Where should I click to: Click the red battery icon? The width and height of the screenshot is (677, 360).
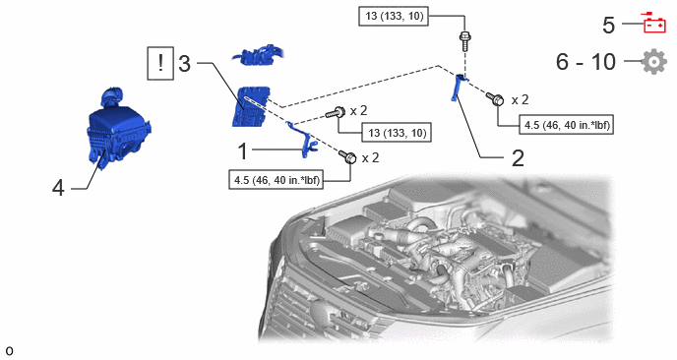tap(654, 24)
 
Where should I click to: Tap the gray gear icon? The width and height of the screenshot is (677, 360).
tap(654, 61)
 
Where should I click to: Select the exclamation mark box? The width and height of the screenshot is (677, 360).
tap(160, 64)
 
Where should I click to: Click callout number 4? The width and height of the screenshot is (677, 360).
tap(58, 188)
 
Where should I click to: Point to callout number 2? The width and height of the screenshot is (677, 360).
tap(518, 158)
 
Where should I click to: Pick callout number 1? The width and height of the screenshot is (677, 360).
tap(243, 151)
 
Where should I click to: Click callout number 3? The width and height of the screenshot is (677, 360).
tap(184, 64)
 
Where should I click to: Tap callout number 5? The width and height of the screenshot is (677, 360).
tap(608, 25)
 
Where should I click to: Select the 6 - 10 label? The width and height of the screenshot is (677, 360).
tap(585, 61)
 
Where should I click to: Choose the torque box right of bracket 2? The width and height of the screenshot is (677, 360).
tap(566, 125)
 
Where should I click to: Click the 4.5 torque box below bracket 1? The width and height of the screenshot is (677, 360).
tap(277, 180)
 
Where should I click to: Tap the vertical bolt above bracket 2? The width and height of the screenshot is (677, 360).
tap(465, 40)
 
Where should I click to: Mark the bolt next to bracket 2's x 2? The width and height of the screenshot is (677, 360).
tap(495, 98)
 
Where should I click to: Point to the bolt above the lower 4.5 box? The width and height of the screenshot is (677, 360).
tap(348, 156)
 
